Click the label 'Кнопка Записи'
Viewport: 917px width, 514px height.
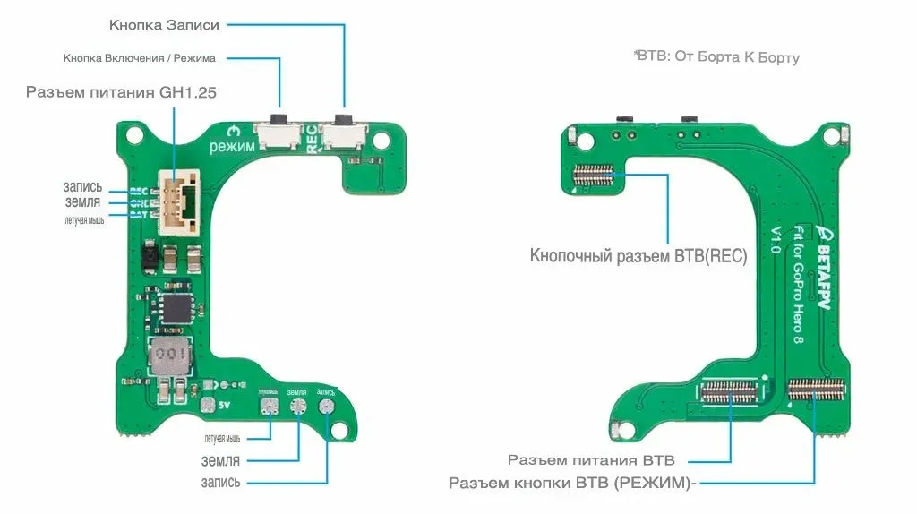164,24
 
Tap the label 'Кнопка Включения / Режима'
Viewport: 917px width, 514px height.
139,58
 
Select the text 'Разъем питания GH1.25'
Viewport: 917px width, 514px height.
122,91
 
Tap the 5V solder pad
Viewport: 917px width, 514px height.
209,406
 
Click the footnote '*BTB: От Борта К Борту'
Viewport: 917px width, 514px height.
716,56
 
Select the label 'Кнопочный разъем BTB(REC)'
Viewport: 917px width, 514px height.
638,255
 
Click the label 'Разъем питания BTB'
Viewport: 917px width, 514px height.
591,460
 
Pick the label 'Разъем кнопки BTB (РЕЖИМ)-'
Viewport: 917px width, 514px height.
572,484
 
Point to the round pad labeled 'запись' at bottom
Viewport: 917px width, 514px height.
327,407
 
